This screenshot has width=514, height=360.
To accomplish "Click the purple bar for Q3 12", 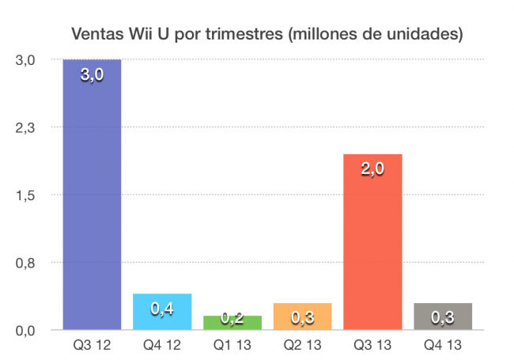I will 92,198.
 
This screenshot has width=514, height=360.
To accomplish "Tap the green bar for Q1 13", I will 232,322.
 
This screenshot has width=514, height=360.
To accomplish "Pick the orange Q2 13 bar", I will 302,316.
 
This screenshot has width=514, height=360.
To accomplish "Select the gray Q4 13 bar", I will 443,316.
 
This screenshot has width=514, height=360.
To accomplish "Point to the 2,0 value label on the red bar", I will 372,169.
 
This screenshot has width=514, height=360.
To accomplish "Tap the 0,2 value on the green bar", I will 232,318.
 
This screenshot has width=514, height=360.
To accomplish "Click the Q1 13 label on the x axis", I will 232,346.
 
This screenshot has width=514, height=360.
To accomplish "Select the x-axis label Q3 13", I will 372,346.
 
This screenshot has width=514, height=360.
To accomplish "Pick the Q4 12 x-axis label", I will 162,346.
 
